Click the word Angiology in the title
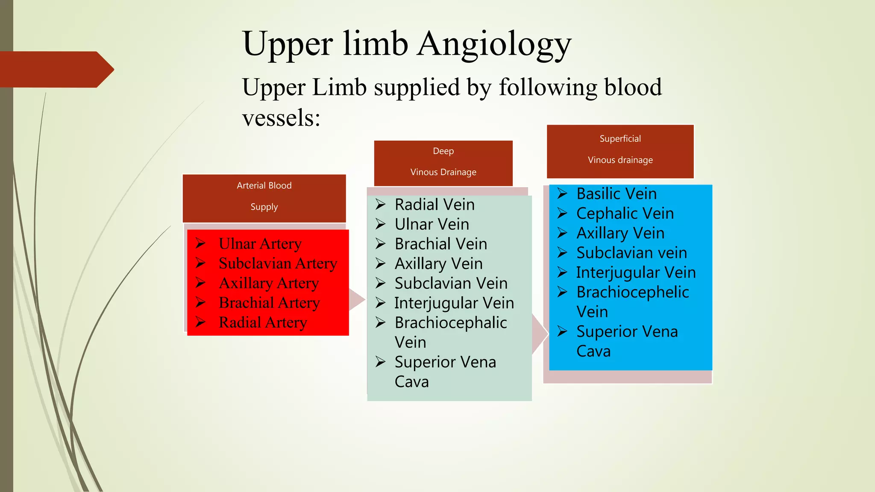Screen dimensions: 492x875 coord(494,44)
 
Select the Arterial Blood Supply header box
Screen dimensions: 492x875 coord(264,198)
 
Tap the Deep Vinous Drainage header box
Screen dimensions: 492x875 coord(443,163)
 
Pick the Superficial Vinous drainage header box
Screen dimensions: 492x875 coord(620,151)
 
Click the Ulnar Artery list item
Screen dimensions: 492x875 coord(260,244)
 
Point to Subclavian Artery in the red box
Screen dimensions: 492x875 coord(278,264)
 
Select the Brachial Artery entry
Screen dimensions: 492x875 coord(269,303)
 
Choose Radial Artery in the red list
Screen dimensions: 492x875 coord(263,322)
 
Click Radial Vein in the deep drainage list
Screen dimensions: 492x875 coord(435,205)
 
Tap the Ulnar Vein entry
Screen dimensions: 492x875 coord(432,224)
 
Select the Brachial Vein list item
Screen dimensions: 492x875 coord(440,244)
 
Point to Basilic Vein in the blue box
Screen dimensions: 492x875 coord(616,194)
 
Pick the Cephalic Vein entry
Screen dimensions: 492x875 coord(625,214)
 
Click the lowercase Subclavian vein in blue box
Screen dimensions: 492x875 coord(631,253)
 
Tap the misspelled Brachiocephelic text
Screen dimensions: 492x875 coord(632,292)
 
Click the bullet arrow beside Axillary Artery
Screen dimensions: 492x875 coord(201,283)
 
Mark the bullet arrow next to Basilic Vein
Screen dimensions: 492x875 coord(562,194)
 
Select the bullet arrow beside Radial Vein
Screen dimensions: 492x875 coord(381,205)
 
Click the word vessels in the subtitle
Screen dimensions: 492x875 coord(281,117)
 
